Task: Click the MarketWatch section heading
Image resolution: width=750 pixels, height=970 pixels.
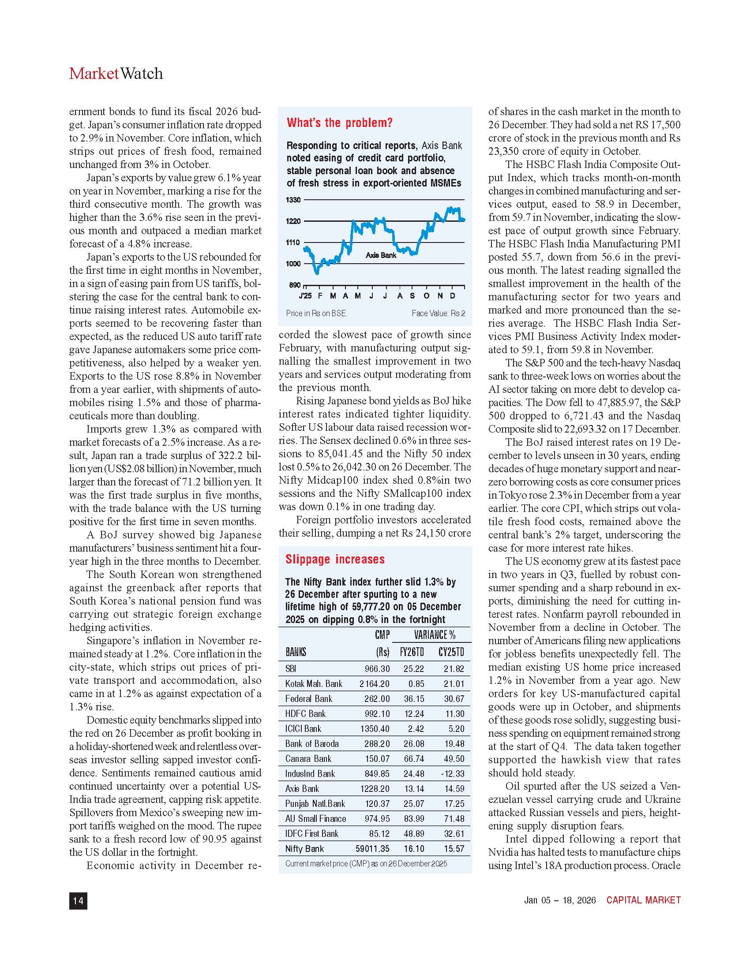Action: coord(116,74)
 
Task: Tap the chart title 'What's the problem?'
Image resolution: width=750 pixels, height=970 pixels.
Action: coord(339,123)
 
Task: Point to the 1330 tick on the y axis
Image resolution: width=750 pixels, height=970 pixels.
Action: coord(293,200)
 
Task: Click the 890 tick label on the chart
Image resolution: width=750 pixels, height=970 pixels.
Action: coord(295,285)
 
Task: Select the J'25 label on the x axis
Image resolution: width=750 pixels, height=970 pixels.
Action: coord(305,296)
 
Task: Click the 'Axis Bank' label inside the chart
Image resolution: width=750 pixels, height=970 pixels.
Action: coord(381,255)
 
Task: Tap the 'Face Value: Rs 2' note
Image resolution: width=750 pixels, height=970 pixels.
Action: coord(438,313)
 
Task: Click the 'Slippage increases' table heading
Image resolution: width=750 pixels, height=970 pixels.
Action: coord(335,559)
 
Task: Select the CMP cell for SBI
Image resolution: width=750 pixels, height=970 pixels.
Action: coord(377,669)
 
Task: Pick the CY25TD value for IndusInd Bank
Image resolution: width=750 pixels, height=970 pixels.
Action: coord(453,774)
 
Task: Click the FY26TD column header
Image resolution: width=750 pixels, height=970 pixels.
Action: coord(412,652)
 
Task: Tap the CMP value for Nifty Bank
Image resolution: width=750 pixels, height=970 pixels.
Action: coord(372,849)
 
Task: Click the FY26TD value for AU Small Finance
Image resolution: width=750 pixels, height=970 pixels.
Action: coord(414,819)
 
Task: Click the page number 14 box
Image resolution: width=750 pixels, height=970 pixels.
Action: coord(78,900)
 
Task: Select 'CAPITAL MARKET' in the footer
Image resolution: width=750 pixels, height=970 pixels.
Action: coord(643,900)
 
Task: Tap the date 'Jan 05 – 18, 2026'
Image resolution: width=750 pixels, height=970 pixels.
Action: coord(559,900)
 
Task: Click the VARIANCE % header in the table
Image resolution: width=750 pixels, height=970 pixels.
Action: coord(435,634)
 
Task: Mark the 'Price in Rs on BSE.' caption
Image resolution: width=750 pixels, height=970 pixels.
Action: coord(316,313)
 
